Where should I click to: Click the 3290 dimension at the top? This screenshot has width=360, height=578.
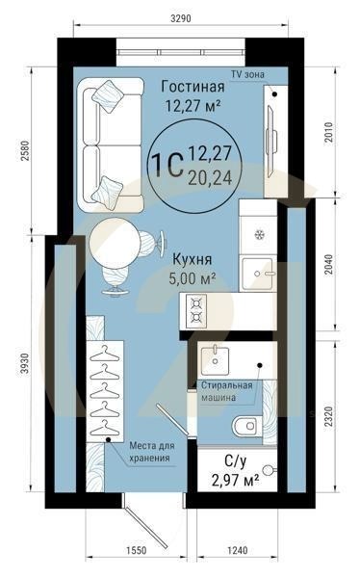tap(181, 17)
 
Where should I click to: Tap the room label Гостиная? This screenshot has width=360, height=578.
tap(193, 87)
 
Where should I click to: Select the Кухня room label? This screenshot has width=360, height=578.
tap(193, 260)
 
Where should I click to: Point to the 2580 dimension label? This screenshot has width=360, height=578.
tap(25, 150)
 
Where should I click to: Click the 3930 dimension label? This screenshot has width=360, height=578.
tap(25, 363)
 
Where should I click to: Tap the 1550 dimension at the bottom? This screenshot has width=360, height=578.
tap(137, 551)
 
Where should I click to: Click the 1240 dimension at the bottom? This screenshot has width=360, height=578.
tap(238, 551)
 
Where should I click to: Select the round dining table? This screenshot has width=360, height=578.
tap(115, 243)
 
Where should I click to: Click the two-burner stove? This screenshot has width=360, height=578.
tap(196, 311)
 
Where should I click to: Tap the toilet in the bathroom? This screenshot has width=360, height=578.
tap(246, 426)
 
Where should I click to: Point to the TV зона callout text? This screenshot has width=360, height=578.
tap(247, 74)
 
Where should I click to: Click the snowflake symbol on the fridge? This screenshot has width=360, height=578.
tap(260, 234)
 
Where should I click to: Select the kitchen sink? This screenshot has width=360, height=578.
tap(258, 274)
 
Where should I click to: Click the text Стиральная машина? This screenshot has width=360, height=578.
tap(226, 391)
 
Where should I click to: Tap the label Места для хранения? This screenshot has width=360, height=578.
tap(151, 452)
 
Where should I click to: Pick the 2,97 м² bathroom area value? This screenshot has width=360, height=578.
tap(235, 481)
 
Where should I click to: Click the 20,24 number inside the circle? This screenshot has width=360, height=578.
tap(210, 178)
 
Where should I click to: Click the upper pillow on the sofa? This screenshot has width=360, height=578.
tap(108, 96)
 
